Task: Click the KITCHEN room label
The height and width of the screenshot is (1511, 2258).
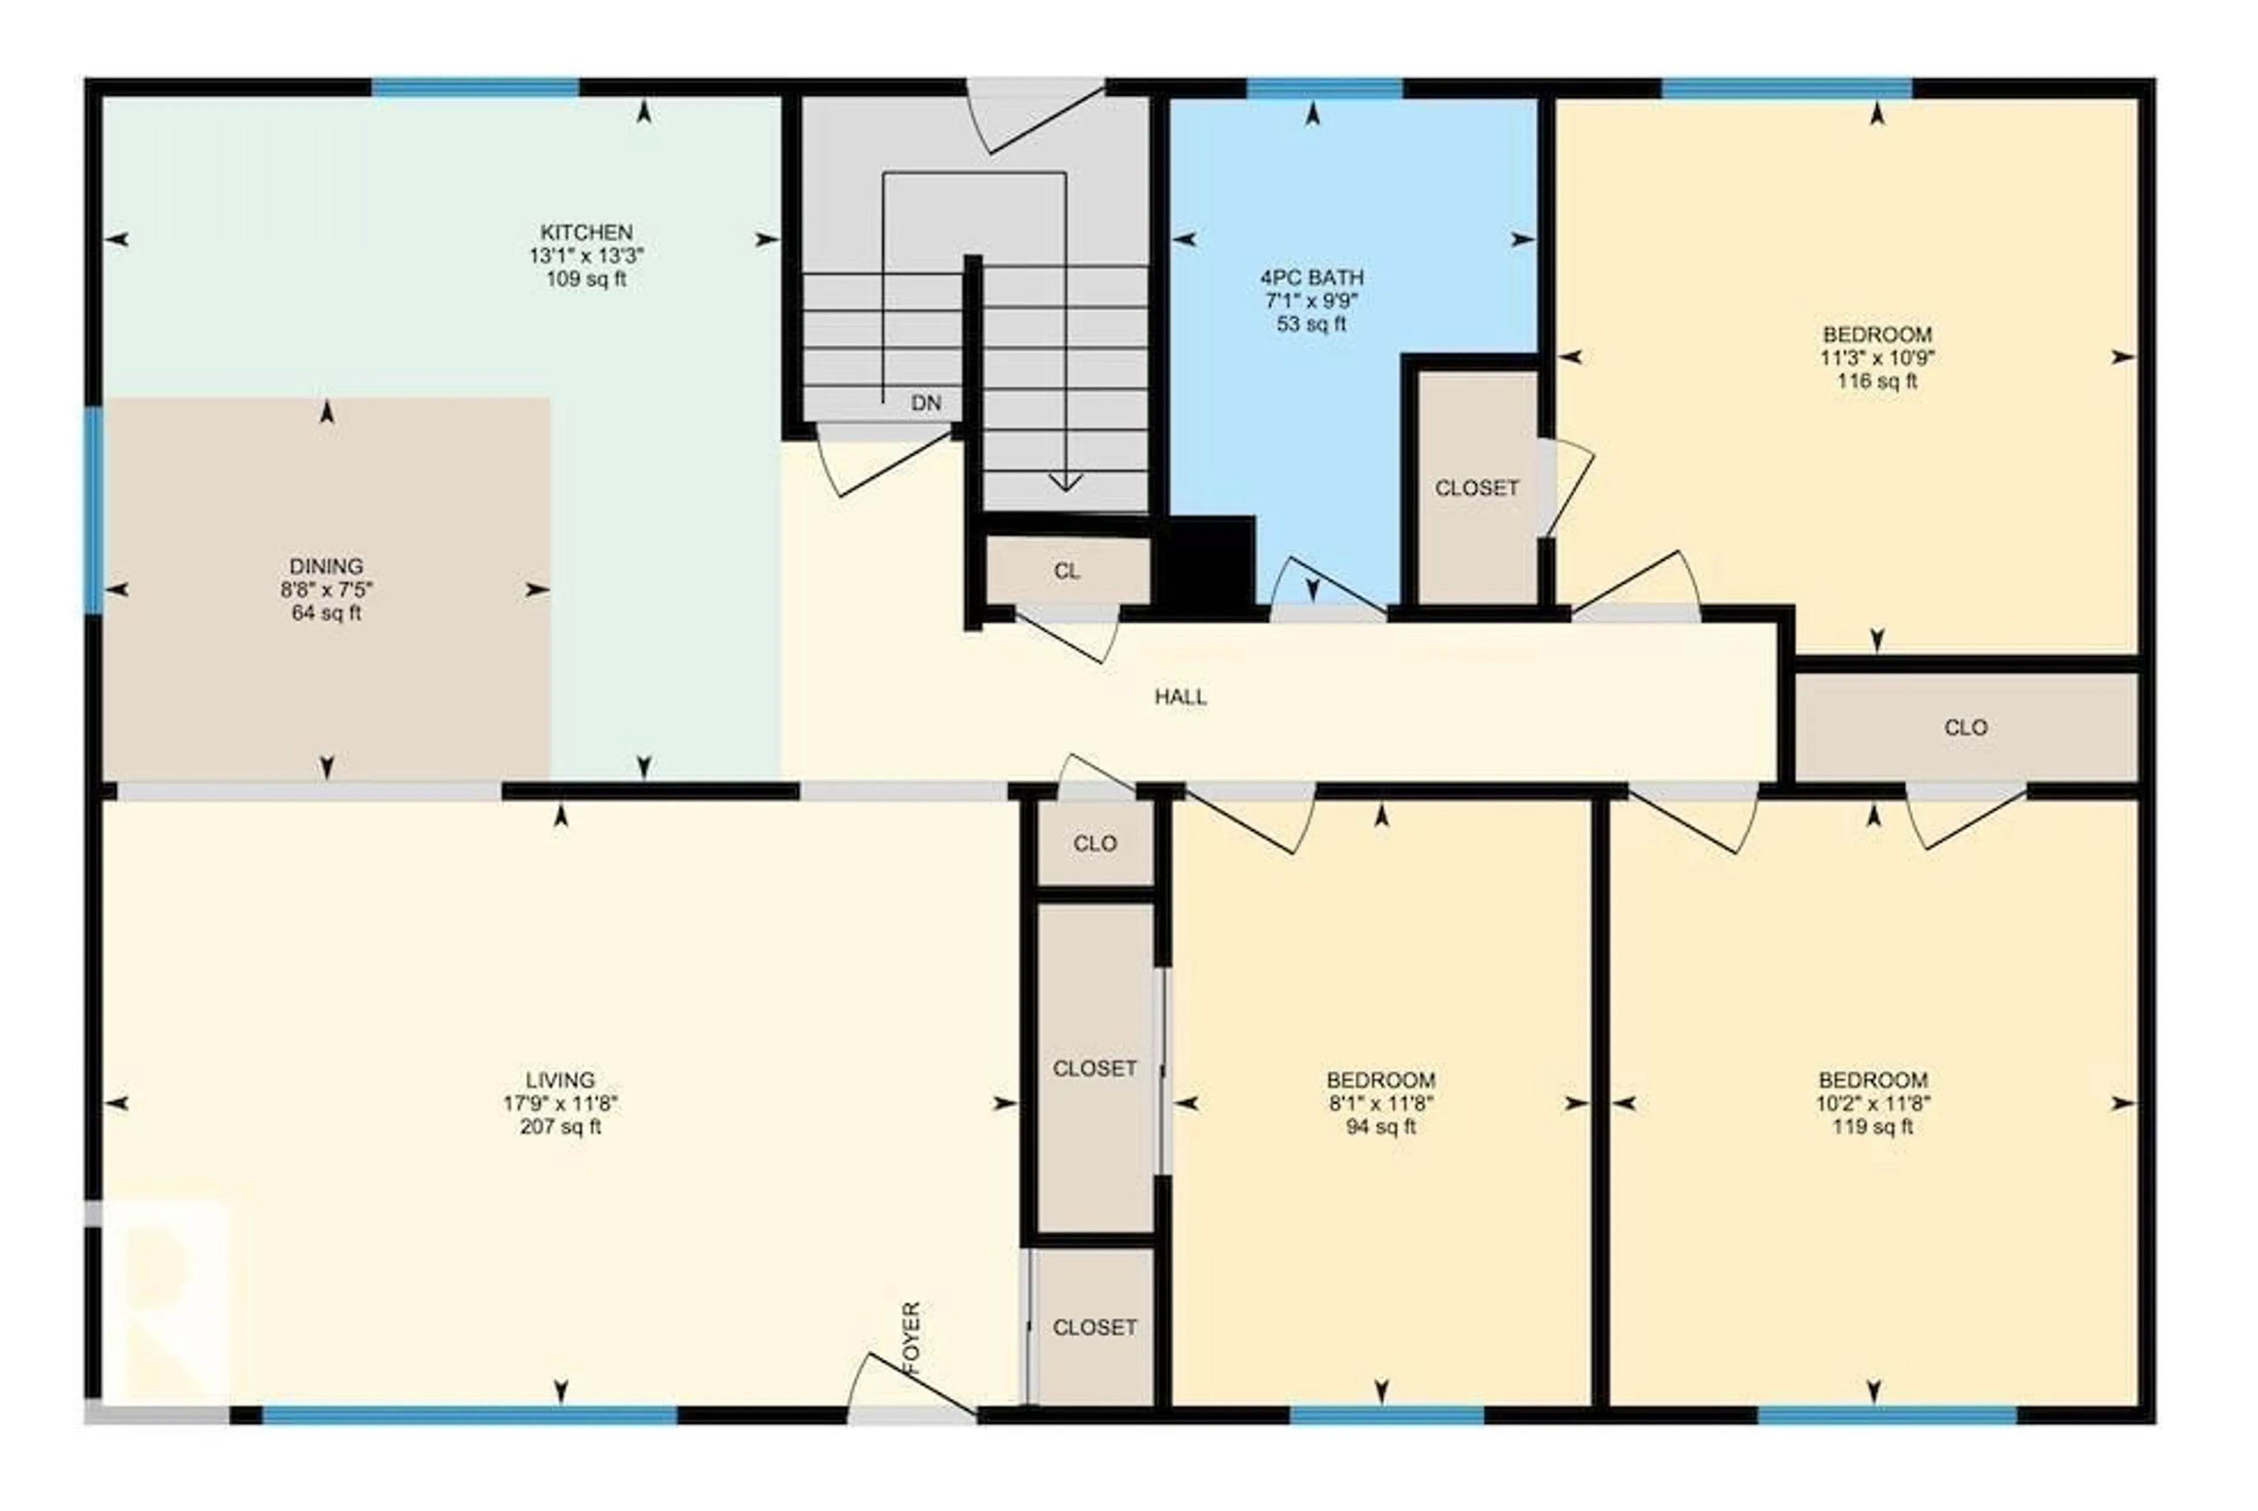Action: pyautogui.click(x=586, y=232)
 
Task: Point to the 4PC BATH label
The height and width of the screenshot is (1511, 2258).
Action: pyautogui.click(x=1312, y=278)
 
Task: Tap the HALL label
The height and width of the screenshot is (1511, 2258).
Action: pyautogui.click(x=1181, y=697)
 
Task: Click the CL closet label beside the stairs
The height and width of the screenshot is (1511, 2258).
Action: pyautogui.click(x=1066, y=570)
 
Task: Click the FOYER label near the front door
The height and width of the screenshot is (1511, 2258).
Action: pyautogui.click(x=911, y=1338)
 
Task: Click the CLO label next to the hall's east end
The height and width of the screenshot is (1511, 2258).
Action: pyautogui.click(x=1965, y=727)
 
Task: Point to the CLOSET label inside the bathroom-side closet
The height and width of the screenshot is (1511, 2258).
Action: pyautogui.click(x=1477, y=487)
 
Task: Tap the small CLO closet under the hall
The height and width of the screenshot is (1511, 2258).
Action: pyautogui.click(x=1095, y=843)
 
